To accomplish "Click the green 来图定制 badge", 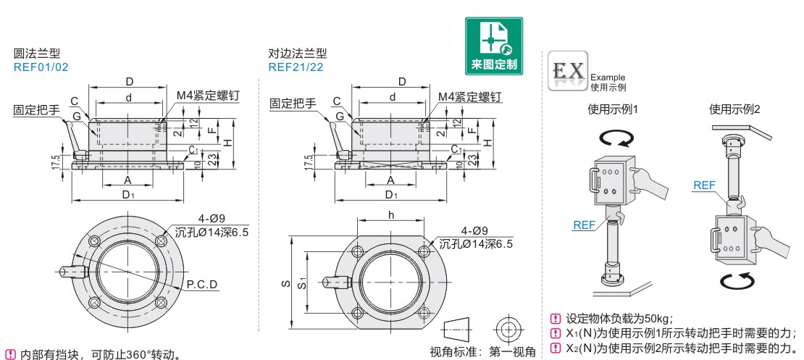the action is (494, 46).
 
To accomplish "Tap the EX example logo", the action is (568, 71).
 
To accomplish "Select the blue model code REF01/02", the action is (41, 67).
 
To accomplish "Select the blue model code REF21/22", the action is (296, 67).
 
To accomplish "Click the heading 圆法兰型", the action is (37, 54).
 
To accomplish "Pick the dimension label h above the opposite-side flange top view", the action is (390, 215).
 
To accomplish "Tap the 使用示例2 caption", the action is (734, 109).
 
